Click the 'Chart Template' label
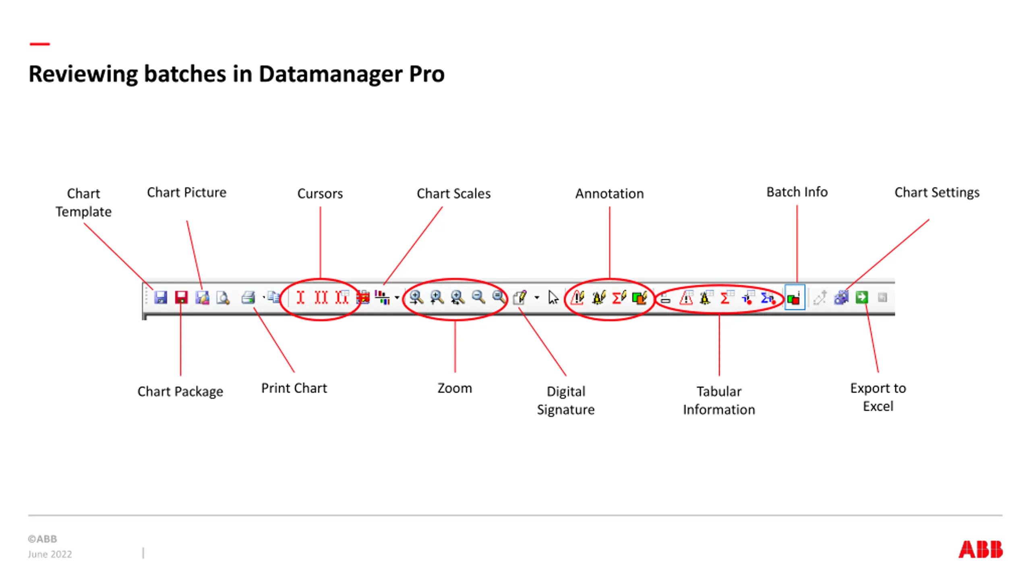point(83,202)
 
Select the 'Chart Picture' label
point(186,193)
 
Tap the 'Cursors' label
point(320,194)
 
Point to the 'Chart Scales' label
point(453,194)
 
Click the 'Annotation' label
point(609,194)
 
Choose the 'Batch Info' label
point(797,192)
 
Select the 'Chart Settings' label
point(937,193)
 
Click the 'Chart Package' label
point(180,391)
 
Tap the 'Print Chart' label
point(294,388)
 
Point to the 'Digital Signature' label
point(565,400)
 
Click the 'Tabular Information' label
point(719,400)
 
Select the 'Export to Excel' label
point(878,397)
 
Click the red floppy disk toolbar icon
point(181,298)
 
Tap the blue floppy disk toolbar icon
point(160,298)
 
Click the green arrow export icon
point(861,297)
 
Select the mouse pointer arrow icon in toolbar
point(553,298)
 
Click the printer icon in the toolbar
point(248,298)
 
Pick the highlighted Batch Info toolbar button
point(794,298)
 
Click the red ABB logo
point(980,549)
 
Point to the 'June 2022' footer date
point(50,554)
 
